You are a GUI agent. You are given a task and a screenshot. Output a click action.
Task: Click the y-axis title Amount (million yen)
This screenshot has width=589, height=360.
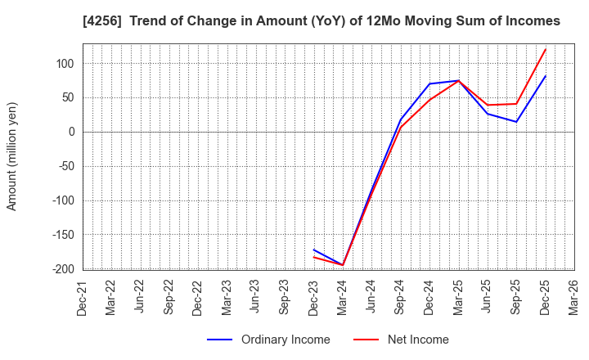[x=12, y=156]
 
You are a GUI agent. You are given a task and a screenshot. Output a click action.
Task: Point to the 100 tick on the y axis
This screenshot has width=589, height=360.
[x=65, y=64]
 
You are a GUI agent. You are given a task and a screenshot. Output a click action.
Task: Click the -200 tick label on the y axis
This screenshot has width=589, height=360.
[x=61, y=269]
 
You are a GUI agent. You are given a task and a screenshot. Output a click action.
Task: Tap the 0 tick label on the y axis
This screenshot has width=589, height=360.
[x=71, y=132]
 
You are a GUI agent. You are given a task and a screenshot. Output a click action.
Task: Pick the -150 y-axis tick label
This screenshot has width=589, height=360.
[x=61, y=235]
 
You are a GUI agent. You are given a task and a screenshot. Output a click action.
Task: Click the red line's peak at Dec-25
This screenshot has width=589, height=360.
[x=546, y=49]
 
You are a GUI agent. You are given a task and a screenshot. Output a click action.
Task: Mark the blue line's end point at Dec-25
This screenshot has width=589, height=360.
[x=546, y=76]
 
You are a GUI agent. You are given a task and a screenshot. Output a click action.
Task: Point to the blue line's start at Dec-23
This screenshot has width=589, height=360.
[x=314, y=250]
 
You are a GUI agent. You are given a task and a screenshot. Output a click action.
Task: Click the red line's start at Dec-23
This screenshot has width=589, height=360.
[x=314, y=257]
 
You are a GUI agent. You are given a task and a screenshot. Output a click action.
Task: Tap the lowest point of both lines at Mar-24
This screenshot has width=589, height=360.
[x=343, y=265]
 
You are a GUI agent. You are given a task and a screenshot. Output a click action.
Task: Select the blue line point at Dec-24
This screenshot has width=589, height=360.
[x=429, y=83]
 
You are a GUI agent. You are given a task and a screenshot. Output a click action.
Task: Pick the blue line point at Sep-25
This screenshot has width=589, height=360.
[x=516, y=122]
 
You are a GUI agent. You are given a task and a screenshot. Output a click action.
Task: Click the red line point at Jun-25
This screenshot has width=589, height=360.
[x=488, y=105]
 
